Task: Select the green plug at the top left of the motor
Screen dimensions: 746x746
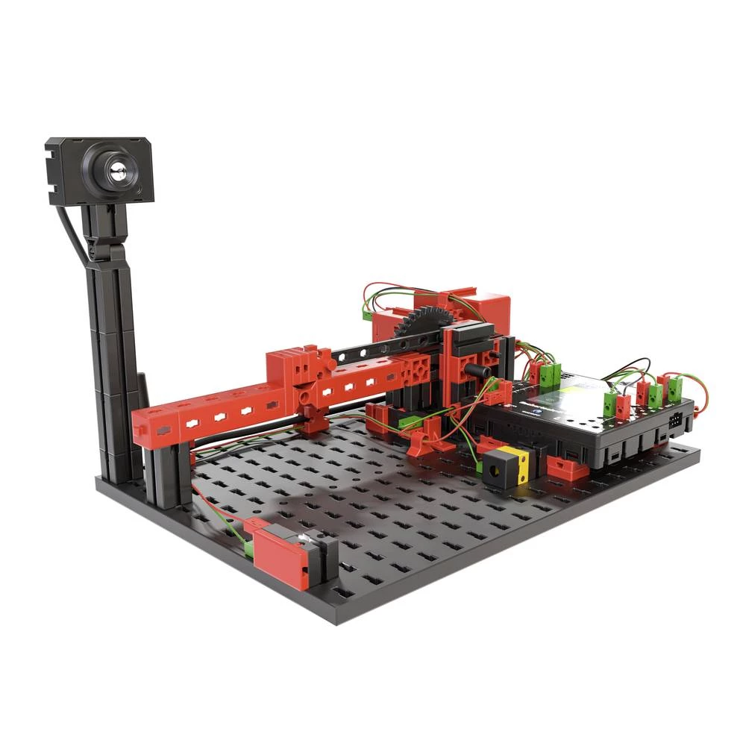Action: [x=369, y=315]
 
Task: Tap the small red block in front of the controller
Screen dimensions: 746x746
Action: [x=568, y=468]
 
